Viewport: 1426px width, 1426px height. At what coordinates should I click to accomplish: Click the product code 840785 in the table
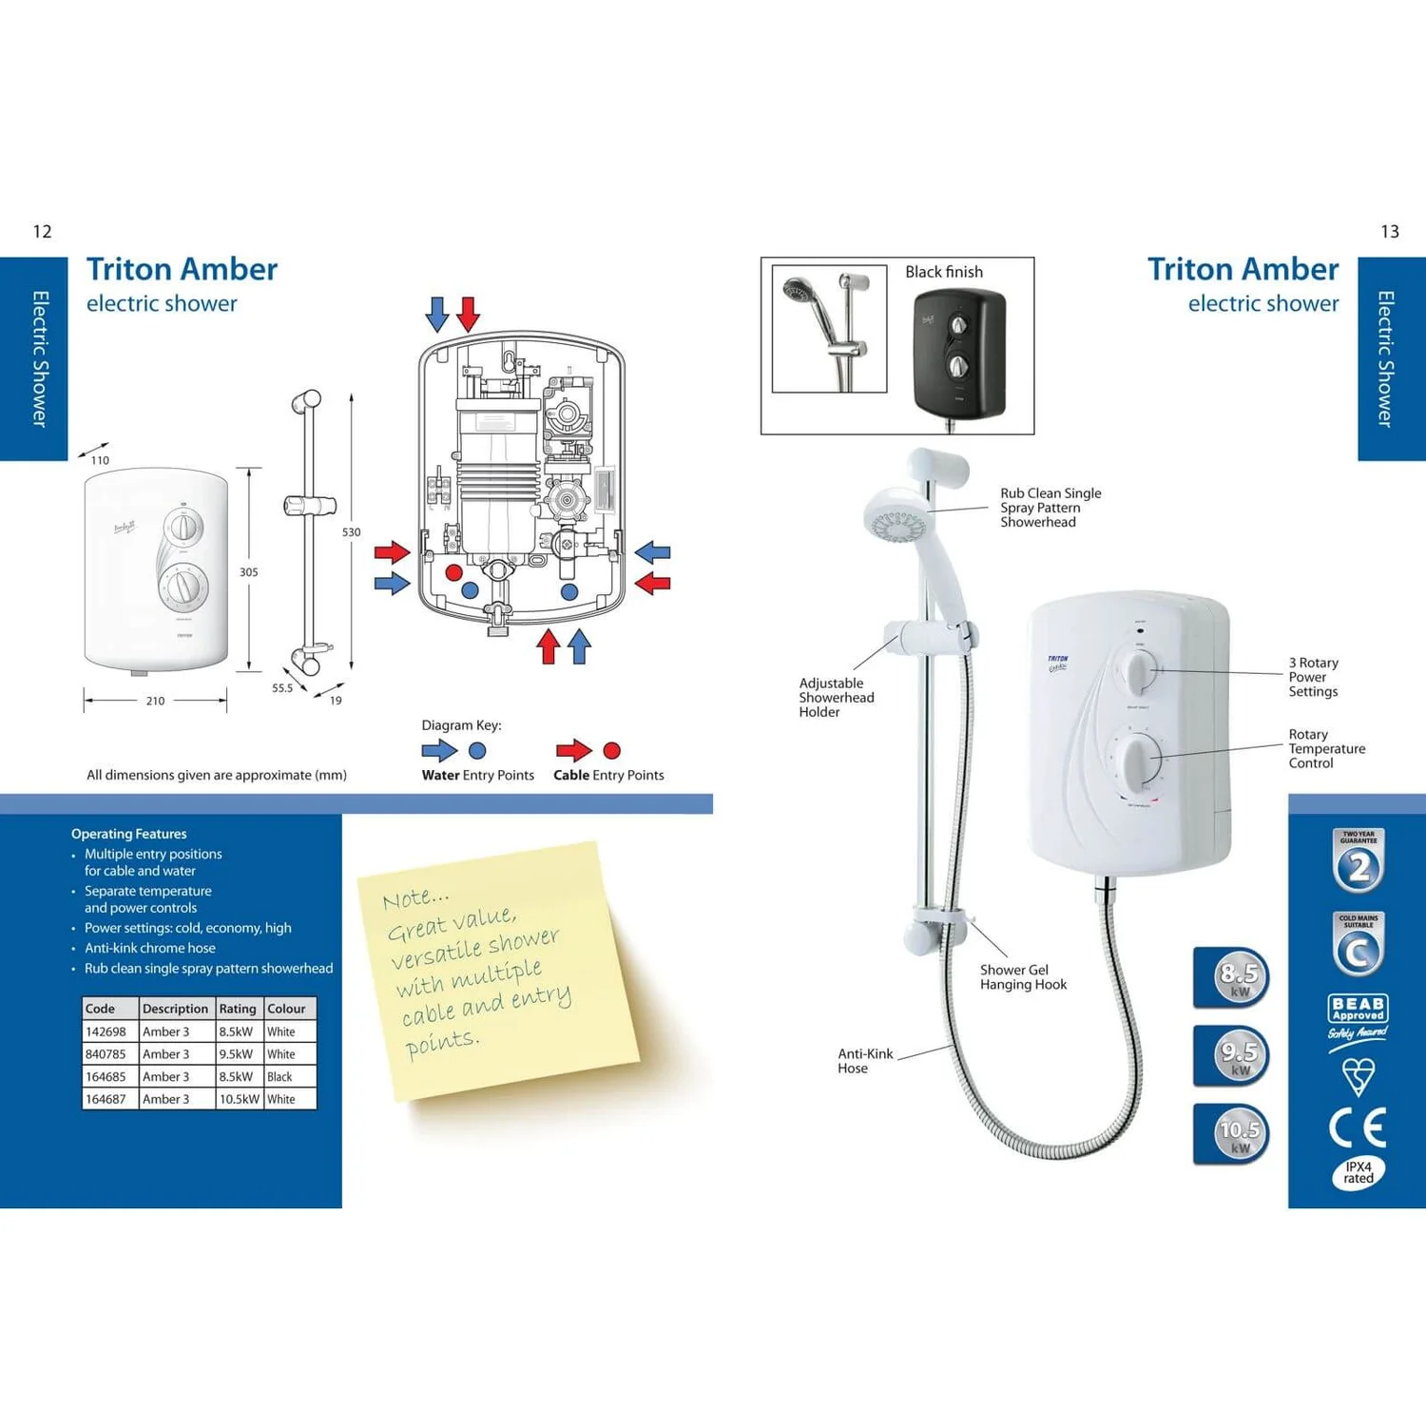pyautogui.click(x=106, y=1054)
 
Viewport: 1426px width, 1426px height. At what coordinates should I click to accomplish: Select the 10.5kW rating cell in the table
pyautogui.click(x=239, y=1099)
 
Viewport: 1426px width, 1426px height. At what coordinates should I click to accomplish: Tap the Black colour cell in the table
pyautogui.click(x=279, y=1077)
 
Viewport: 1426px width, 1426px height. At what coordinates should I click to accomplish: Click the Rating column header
pyautogui.click(x=238, y=1009)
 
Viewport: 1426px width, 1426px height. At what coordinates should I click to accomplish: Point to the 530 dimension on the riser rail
pyautogui.click(x=351, y=532)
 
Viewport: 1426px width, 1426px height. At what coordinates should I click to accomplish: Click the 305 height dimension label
pyautogui.click(x=248, y=572)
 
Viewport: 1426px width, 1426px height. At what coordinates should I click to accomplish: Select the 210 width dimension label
pyautogui.click(x=155, y=702)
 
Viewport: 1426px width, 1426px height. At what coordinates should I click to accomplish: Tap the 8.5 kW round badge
pyautogui.click(x=1238, y=976)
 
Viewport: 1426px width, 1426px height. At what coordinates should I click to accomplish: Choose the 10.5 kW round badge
pyautogui.click(x=1238, y=1133)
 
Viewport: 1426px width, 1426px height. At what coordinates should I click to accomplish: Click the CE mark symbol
pyautogui.click(x=1358, y=1128)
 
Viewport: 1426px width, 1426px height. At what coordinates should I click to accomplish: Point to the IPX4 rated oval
pyautogui.click(x=1359, y=1173)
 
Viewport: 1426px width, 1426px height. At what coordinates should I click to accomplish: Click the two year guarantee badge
pyautogui.click(x=1359, y=861)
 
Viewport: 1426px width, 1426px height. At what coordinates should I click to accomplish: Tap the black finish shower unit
pyautogui.click(x=958, y=355)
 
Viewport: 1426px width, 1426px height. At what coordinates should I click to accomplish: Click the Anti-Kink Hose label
pyautogui.click(x=864, y=1061)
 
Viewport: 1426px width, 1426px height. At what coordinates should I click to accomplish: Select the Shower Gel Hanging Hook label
pyautogui.click(x=1023, y=977)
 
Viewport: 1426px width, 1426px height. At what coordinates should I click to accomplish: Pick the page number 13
pyautogui.click(x=1389, y=232)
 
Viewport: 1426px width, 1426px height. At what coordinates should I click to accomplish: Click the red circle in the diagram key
pyautogui.click(x=612, y=751)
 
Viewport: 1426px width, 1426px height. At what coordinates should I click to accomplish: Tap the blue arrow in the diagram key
pyautogui.click(x=439, y=751)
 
